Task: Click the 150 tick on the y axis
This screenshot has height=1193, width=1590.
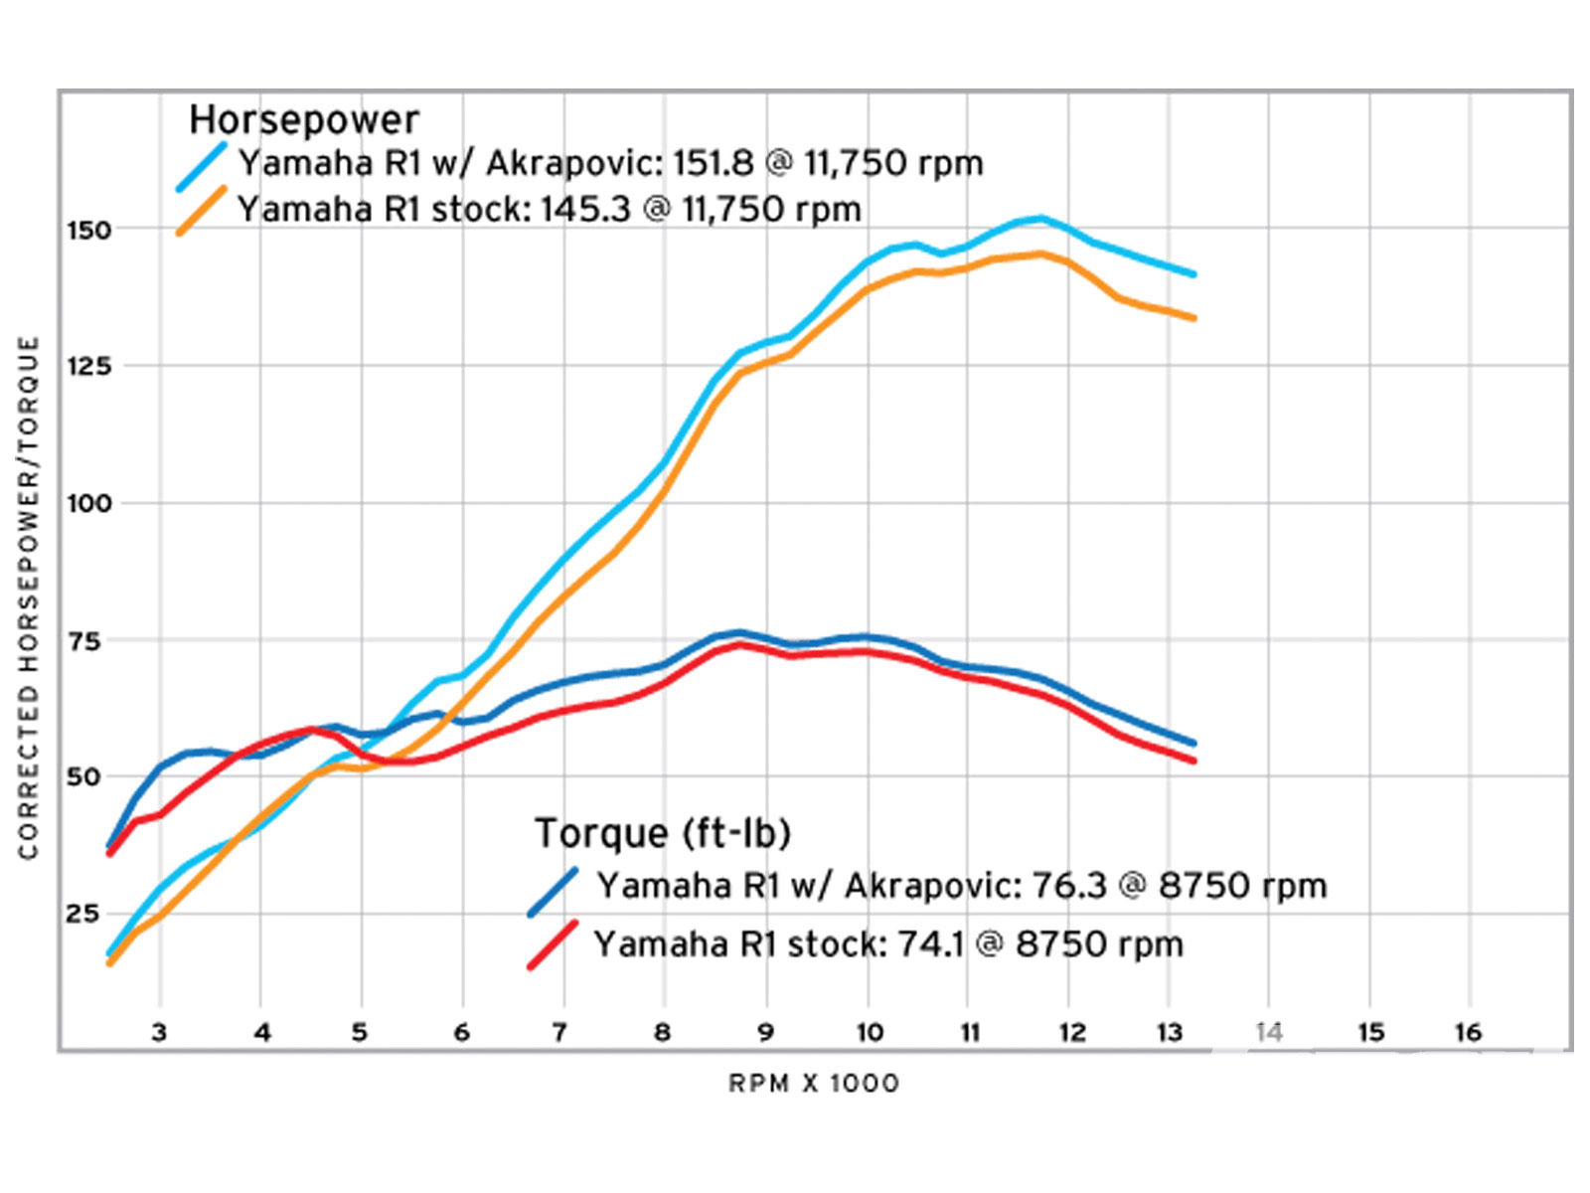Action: [x=88, y=231]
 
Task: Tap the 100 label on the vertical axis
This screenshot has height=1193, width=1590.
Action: [x=88, y=503]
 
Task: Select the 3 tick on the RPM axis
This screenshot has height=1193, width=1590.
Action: [x=159, y=1033]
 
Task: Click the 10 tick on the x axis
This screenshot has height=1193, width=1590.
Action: [x=870, y=1033]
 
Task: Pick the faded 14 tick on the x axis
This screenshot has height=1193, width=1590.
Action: [x=1269, y=1033]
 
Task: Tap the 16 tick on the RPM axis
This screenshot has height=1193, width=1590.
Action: [x=1468, y=1033]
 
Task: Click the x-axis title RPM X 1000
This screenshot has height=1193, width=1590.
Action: [x=814, y=1084]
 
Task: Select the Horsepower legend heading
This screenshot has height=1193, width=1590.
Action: [x=304, y=119]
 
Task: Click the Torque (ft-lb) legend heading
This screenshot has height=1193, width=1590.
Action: [x=663, y=833]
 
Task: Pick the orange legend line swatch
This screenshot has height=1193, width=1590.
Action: [x=202, y=211]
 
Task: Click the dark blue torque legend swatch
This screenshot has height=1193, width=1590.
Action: [x=553, y=892]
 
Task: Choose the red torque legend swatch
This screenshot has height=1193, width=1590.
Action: [x=553, y=944]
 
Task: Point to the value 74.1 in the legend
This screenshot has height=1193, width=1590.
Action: [x=931, y=943]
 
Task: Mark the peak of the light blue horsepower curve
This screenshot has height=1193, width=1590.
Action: [x=1040, y=218]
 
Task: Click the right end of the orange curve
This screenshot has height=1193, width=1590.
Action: [x=1193, y=318]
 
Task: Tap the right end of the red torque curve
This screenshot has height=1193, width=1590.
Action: [x=1193, y=762]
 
